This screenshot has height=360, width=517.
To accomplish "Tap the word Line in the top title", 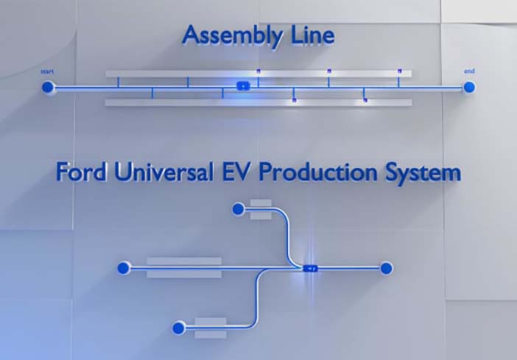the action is (312, 35).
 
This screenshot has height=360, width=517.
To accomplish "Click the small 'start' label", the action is (47, 71).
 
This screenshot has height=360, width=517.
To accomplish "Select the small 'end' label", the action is (469, 71).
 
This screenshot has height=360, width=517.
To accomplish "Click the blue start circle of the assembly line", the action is (48, 88).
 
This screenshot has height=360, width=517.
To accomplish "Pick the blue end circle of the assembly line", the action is (469, 88).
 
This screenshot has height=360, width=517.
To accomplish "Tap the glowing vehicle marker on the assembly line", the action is (243, 86).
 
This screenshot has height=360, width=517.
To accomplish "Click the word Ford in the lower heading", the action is (81, 172).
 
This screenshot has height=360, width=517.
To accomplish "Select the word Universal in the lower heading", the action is (163, 172).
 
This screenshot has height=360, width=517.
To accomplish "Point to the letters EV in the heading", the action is (235, 172).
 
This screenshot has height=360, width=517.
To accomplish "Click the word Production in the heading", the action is (318, 172).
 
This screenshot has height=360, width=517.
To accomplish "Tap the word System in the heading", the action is (423, 173).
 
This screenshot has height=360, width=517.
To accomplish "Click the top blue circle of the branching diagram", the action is (238, 209).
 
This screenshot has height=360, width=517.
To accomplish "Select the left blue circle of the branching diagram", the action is (123, 268).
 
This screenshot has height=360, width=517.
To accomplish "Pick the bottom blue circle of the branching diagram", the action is (178, 328).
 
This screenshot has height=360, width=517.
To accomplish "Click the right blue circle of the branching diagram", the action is (386, 269).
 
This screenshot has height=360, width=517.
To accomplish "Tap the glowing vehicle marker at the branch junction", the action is (310, 269).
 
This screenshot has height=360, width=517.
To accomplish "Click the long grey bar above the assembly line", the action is (258, 74).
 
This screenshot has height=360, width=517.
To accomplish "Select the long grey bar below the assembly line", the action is (258, 102).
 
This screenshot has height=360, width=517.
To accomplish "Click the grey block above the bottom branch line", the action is (211, 321).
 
